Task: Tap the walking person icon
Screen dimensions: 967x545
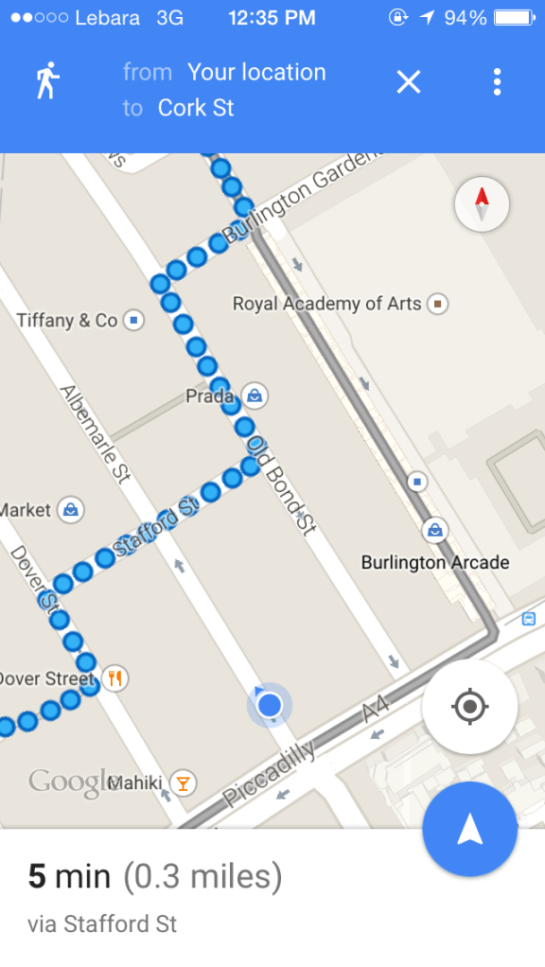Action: click(46, 81)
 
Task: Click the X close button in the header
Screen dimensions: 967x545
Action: click(408, 82)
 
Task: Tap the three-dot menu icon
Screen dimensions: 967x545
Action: click(497, 82)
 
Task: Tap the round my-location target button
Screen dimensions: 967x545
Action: click(469, 707)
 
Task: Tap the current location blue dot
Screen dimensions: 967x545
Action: click(270, 705)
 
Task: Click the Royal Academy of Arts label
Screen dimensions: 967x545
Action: click(326, 304)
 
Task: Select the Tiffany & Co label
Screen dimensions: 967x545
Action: click(66, 321)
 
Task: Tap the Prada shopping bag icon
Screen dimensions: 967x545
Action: click(253, 395)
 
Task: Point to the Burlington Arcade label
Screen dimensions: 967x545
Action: click(435, 563)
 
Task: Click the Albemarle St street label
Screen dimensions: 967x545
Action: click(95, 434)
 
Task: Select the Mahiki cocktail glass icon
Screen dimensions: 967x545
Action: click(183, 782)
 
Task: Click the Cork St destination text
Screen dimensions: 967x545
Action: click(196, 108)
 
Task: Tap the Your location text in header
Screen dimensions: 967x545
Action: click(256, 72)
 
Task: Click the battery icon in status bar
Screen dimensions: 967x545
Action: click(514, 18)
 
